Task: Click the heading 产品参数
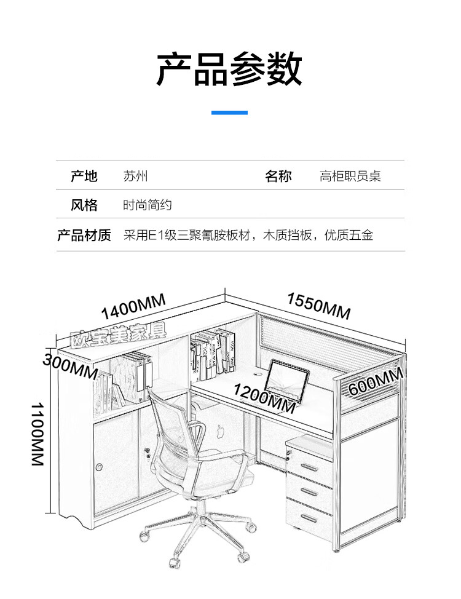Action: point(229,69)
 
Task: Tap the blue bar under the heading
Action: point(229,113)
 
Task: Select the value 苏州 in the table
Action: point(135,176)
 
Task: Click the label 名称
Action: point(278,176)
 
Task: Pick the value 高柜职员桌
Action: point(350,176)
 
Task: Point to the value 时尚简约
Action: point(147,205)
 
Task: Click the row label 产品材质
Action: point(84,235)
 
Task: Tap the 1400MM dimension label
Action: point(133,306)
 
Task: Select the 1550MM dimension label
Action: point(318,306)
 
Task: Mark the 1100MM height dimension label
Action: point(37,434)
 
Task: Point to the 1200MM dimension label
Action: point(264,399)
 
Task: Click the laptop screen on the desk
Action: point(286,380)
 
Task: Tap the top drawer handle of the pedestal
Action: point(309,467)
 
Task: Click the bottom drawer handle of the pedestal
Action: point(309,519)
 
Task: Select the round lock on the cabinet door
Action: point(100,467)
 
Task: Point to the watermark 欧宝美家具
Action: point(119,336)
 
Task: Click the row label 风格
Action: point(84,205)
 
